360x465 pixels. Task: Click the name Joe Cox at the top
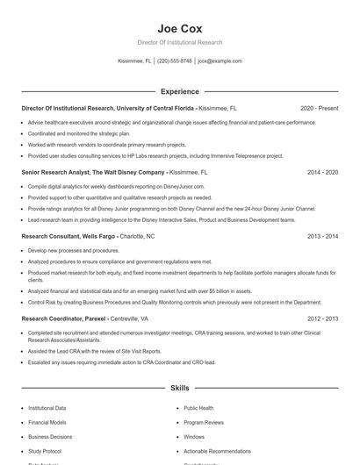179,28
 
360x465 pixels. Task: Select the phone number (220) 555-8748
174,61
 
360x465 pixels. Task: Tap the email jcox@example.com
220,61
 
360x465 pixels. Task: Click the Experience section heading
179,91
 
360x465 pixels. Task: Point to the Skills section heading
179,387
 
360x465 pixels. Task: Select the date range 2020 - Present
319,108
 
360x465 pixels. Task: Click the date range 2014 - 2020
322,173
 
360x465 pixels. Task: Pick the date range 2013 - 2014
322,237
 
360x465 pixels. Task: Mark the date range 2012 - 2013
322,319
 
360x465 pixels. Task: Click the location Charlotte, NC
137,237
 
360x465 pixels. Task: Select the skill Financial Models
47,422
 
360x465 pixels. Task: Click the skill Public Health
198,408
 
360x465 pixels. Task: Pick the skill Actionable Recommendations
216,450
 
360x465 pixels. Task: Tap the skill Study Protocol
44,450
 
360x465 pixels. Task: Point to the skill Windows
194,436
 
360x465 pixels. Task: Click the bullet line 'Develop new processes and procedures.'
73,250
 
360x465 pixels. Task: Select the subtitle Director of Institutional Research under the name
179,42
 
